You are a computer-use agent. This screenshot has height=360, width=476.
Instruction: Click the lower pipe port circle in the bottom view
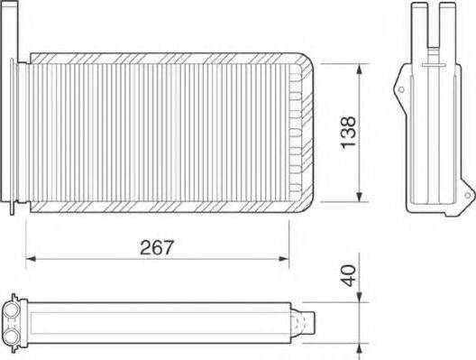point(14,335)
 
